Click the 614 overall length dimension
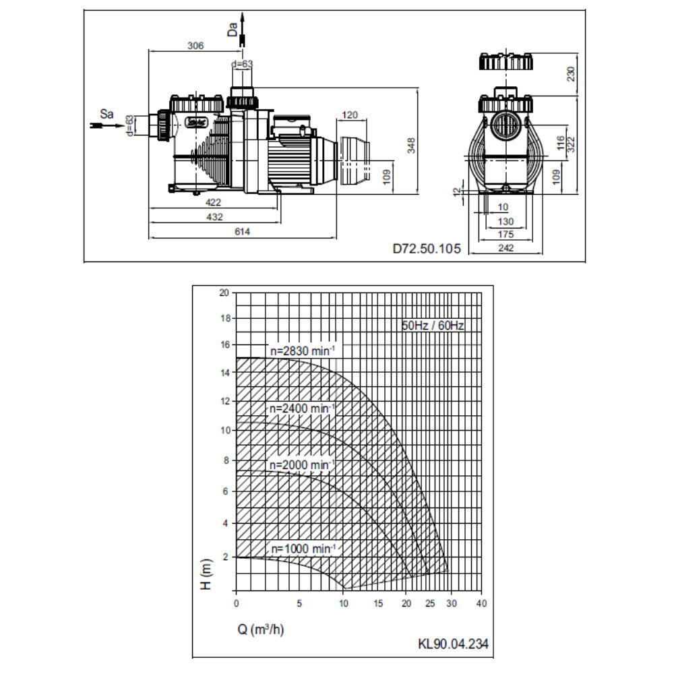click(243, 232)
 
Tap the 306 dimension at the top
click(195, 45)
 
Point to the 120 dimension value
click(350, 115)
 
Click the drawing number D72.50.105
click(427, 249)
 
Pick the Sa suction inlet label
click(106, 114)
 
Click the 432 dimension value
click(214, 217)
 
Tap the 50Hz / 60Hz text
click(433, 326)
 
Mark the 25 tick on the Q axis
click(430, 602)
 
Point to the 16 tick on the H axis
click(224, 344)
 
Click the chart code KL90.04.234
click(453, 644)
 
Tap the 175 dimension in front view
click(506, 235)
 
